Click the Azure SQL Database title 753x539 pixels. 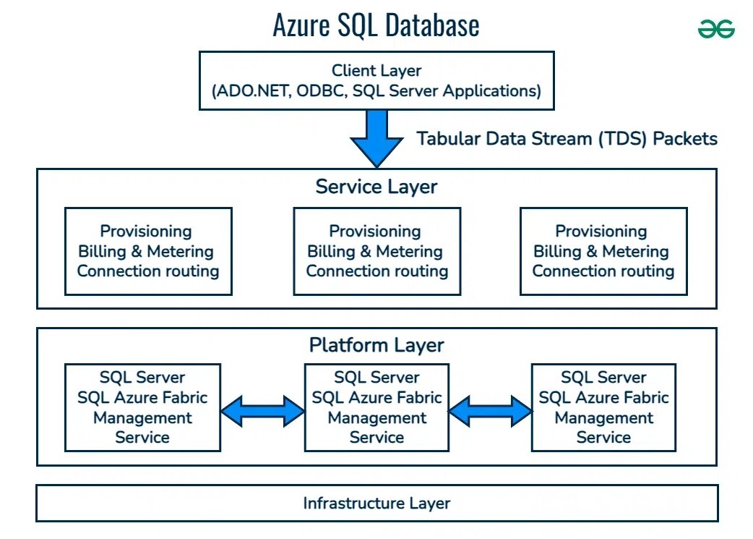pyautogui.click(x=376, y=25)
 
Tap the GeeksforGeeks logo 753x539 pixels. pyautogui.click(x=716, y=29)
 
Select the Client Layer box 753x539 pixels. pyautogui.click(x=376, y=81)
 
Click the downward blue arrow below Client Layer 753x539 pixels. pyautogui.click(x=376, y=138)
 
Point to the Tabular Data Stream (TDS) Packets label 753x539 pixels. pyautogui.click(x=567, y=138)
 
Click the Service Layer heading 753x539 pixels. pyautogui.click(x=376, y=187)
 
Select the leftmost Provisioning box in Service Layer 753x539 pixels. pyautogui.click(x=148, y=251)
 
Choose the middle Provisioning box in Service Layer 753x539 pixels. pyautogui.click(x=376, y=251)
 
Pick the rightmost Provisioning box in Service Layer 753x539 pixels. pyautogui.click(x=603, y=251)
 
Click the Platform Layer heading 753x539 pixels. pyautogui.click(x=376, y=345)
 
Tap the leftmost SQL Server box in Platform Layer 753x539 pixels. pyautogui.click(x=142, y=407)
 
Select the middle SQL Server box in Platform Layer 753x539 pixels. pyautogui.click(x=376, y=407)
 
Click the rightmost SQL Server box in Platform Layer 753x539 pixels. pyautogui.click(x=603, y=407)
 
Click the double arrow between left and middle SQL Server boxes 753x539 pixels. pyautogui.click(x=262, y=411)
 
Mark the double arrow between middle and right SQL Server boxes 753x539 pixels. pyautogui.click(x=490, y=411)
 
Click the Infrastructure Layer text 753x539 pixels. pyautogui.click(x=376, y=504)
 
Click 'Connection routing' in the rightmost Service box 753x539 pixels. pyautogui.click(x=603, y=271)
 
